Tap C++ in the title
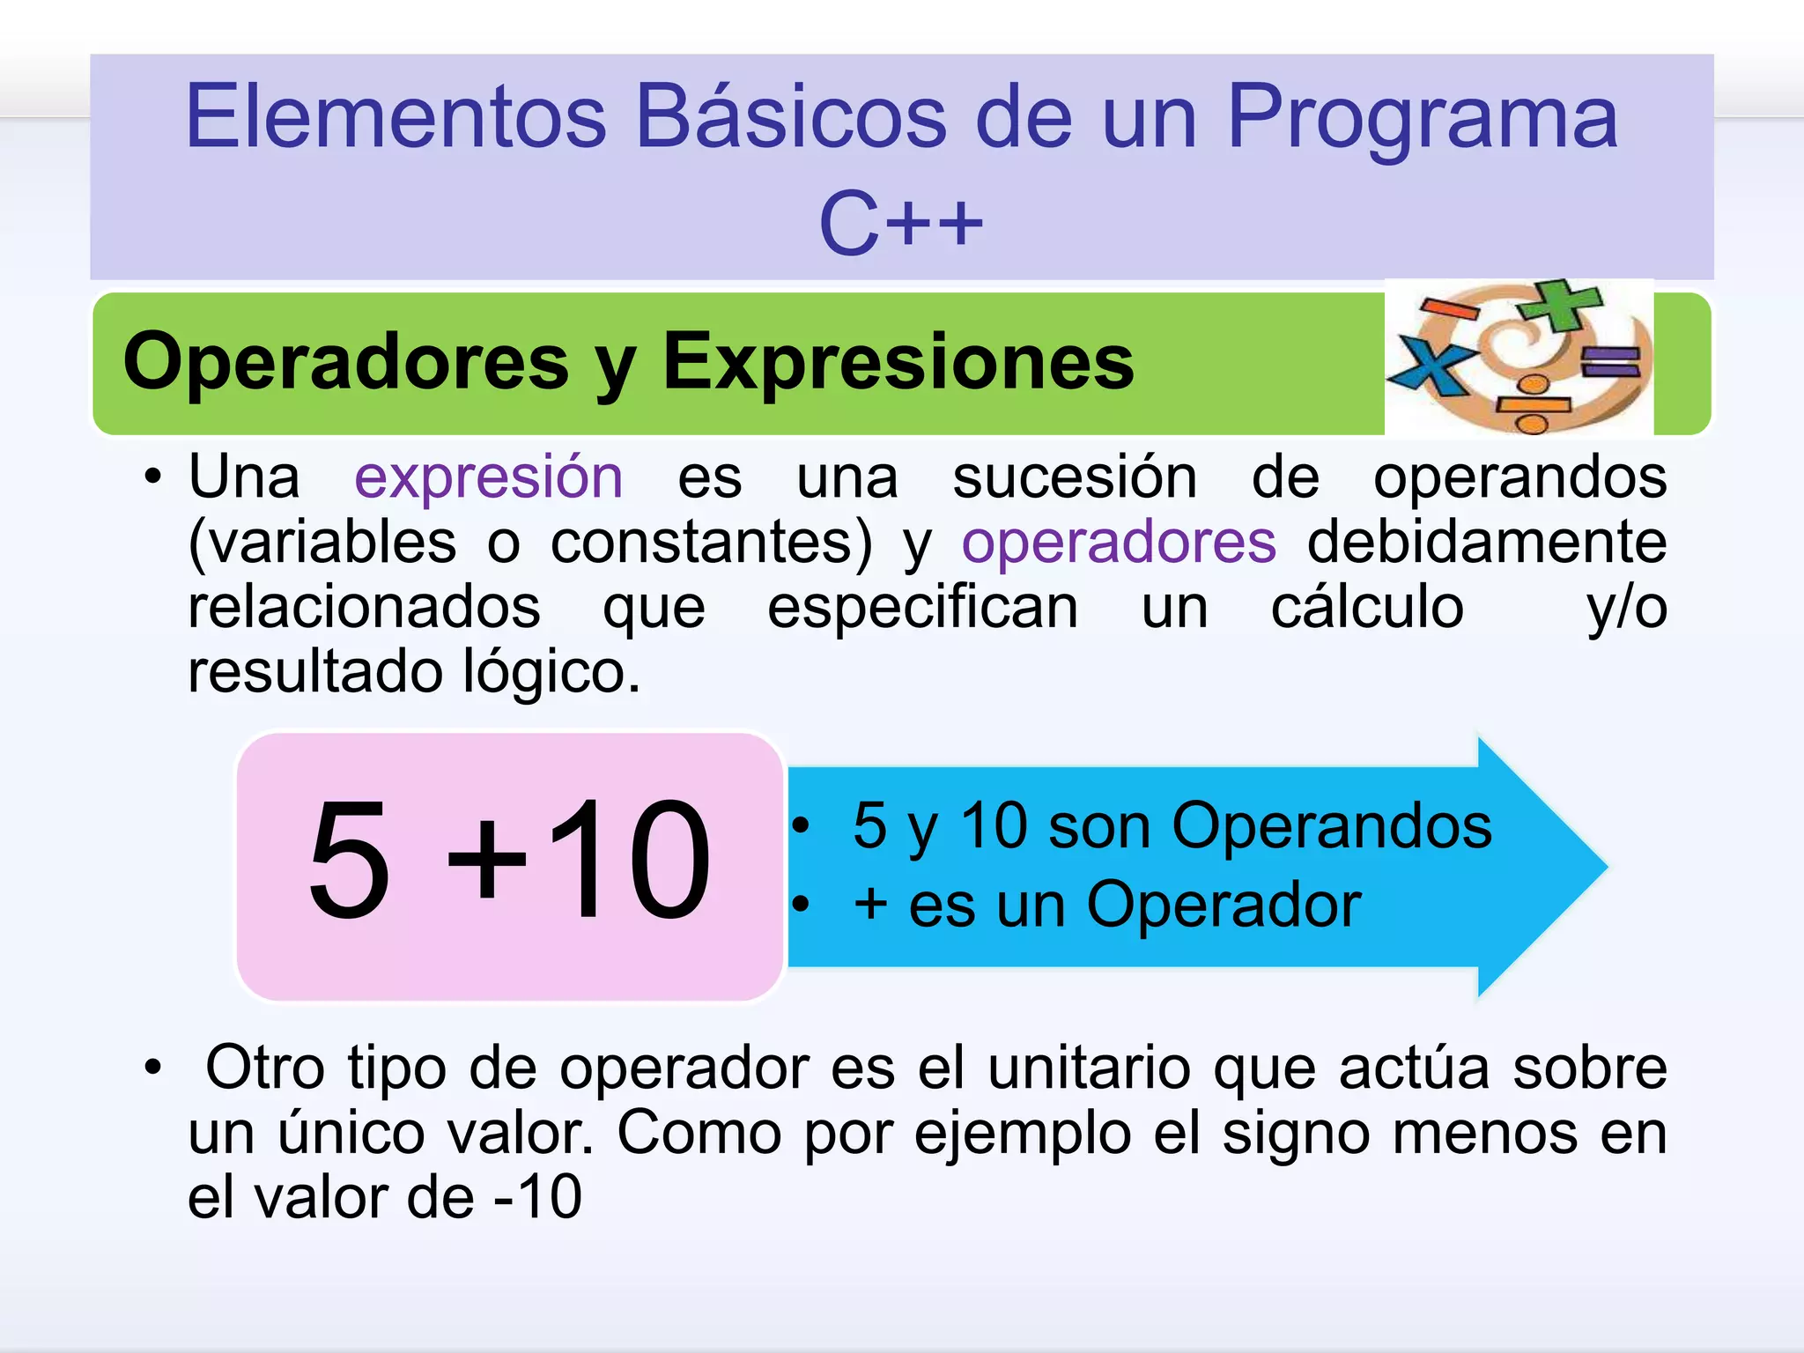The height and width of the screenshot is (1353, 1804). pyautogui.click(x=900, y=224)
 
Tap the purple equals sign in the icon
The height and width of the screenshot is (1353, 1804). pyautogui.click(x=1610, y=362)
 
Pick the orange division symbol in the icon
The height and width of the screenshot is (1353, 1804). pyautogui.click(x=1533, y=406)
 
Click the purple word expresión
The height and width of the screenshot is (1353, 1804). pyautogui.click(x=488, y=477)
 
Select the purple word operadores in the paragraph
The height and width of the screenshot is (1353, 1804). pyautogui.click(x=1118, y=542)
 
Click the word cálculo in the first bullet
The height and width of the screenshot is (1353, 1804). pyautogui.click(x=1367, y=607)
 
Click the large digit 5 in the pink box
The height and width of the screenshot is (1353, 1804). pyautogui.click(x=349, y=861)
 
